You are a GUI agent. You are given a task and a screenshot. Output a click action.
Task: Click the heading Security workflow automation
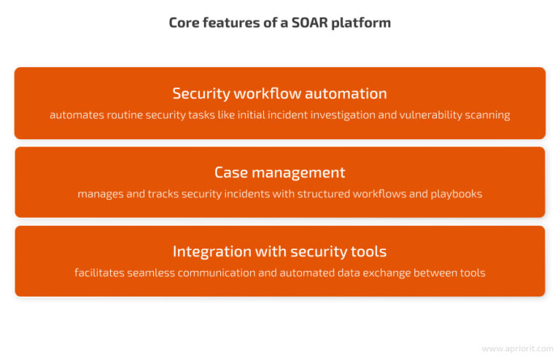279,93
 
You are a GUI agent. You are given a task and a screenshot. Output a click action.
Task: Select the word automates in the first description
75,115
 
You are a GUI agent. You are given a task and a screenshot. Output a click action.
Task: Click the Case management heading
279,173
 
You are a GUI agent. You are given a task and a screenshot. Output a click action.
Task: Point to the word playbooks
456,195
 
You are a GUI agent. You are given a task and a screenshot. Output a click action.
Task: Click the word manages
101,195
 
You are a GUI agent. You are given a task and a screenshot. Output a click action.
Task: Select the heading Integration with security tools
279,251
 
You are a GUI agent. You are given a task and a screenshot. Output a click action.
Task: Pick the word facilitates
101,273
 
